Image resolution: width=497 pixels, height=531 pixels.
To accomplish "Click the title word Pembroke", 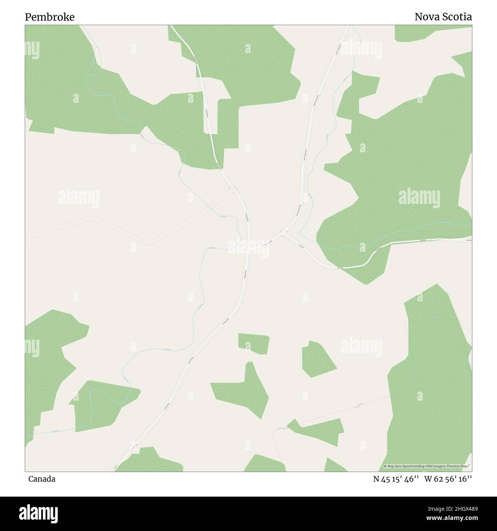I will click(50, 17).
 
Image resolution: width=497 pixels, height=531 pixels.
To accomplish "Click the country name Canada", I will click(42, 479).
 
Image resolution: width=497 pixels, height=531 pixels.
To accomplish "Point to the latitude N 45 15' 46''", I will click(396, 479).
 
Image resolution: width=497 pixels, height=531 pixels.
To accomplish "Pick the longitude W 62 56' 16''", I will click(448, 479).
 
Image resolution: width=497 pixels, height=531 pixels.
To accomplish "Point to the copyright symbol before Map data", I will click(385, 466).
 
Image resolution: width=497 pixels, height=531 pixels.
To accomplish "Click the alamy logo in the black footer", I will click(40, 513).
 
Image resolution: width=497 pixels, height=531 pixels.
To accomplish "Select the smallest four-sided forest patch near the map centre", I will click(253, 343).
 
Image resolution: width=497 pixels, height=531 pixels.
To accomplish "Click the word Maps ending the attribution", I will click(465, 466).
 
